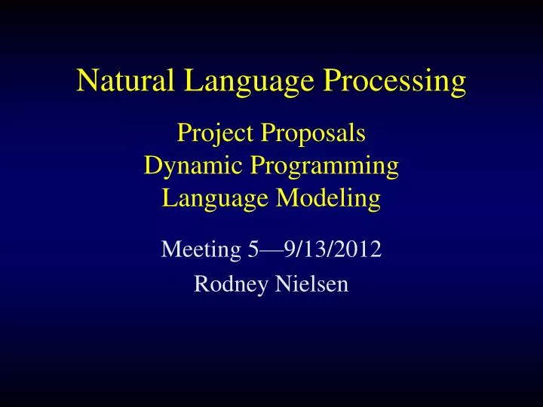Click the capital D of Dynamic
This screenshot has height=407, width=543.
(152, 165)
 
